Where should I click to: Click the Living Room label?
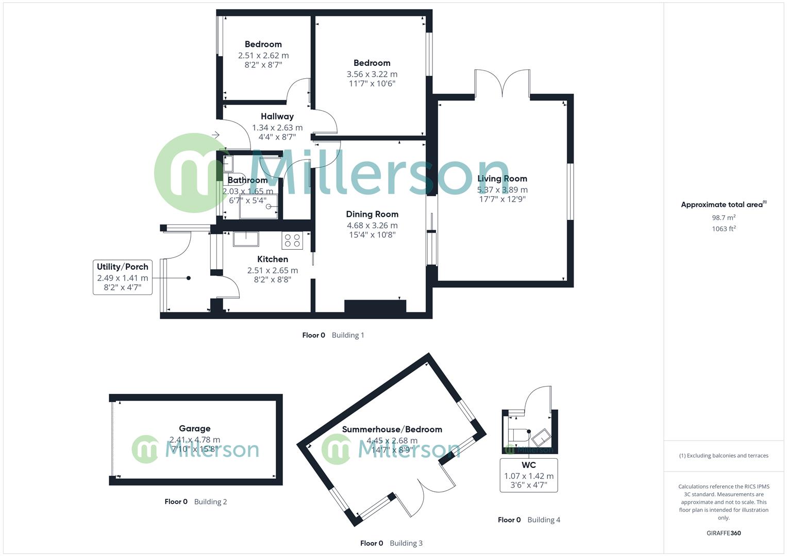502,179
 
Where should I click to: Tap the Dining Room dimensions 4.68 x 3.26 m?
372,225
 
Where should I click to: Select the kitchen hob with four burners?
293,240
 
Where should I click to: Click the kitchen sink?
246,239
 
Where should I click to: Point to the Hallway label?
277,116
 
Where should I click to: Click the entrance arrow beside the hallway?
215,135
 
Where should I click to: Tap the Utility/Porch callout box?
123,277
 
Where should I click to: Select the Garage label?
195,428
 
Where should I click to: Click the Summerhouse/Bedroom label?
392,429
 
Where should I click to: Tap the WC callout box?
529,475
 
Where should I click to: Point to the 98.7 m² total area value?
724,218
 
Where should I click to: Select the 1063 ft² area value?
724,229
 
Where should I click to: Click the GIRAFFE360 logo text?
724,533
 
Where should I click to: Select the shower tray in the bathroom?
259,206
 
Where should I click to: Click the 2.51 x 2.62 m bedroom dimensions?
263,56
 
